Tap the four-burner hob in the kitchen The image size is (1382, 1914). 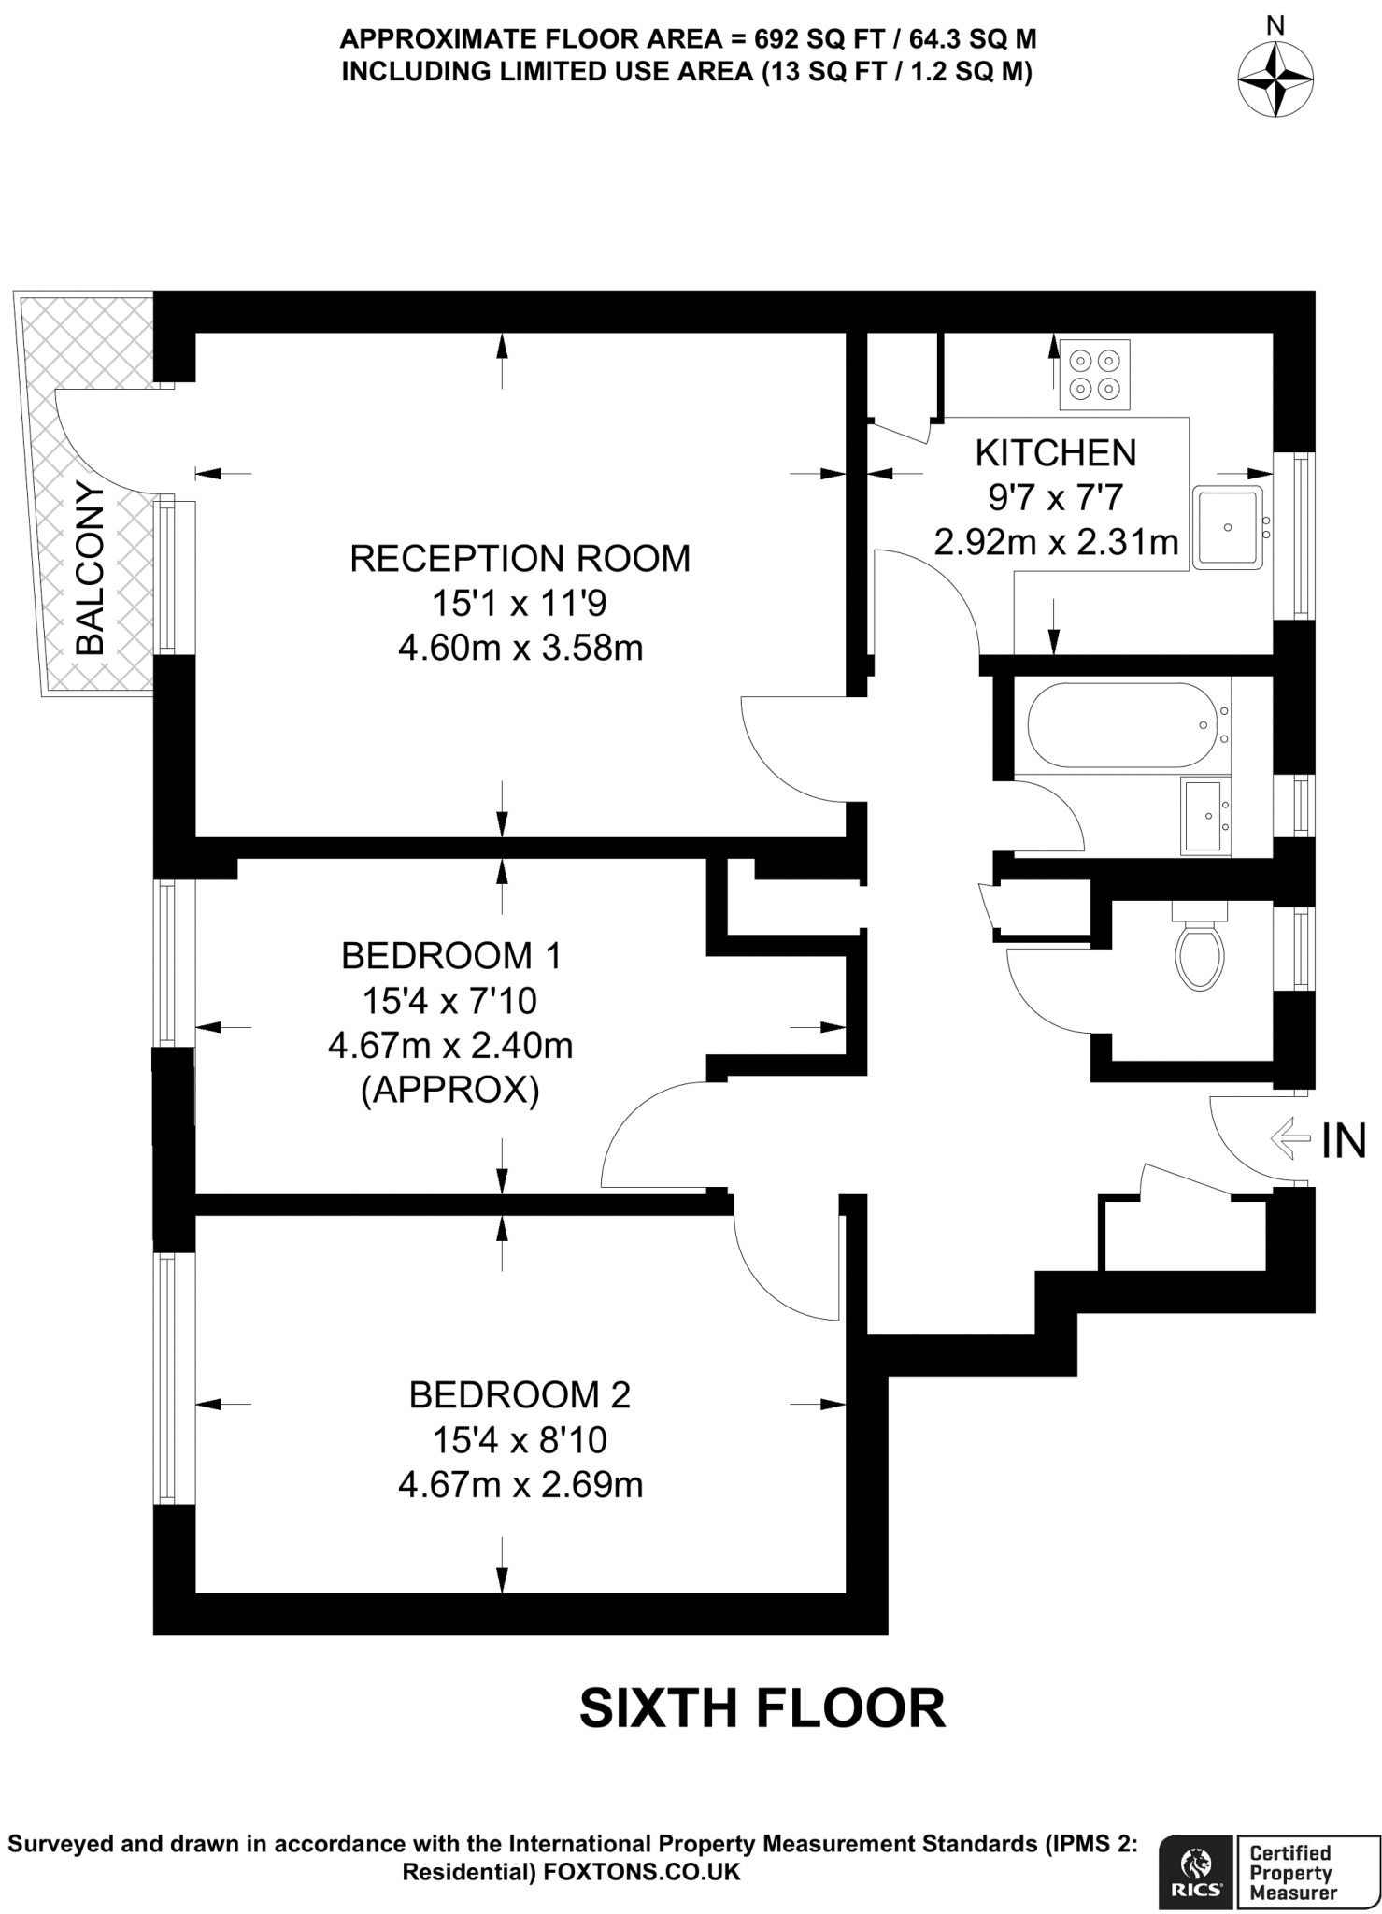[x=1094, y=374]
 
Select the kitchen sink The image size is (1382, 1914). [x=1227, y=527]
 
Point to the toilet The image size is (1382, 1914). [x=1200, y=952]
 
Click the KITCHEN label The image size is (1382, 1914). [x=1056, y=453]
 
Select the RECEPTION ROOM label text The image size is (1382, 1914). [x=520, y=559]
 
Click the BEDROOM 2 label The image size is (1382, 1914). [x=520, y=1395]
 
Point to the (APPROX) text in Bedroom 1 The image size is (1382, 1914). [x=449, y=1091]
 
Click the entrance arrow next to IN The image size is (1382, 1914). [x=1291, y=1138]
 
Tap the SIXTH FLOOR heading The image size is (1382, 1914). [x=762, y=1708]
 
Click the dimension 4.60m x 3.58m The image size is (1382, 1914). [x=520, y=648]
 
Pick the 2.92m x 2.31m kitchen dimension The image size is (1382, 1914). [x=1056, y=542]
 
